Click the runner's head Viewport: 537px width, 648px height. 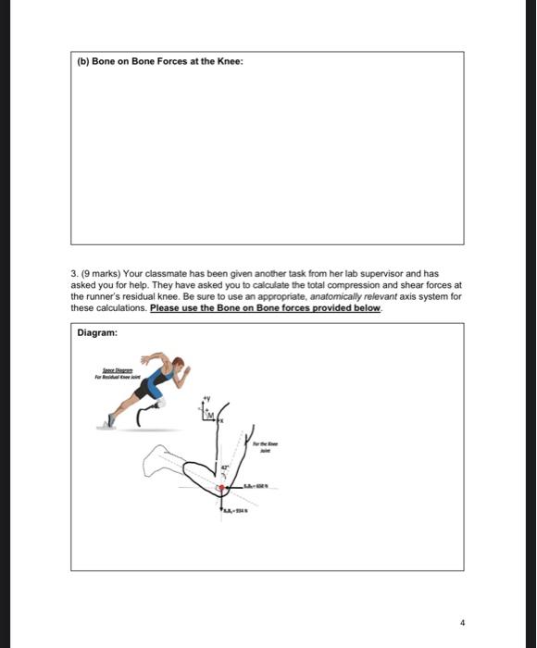(x=179, y=364)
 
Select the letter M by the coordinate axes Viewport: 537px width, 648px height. (x=211, y=413)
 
